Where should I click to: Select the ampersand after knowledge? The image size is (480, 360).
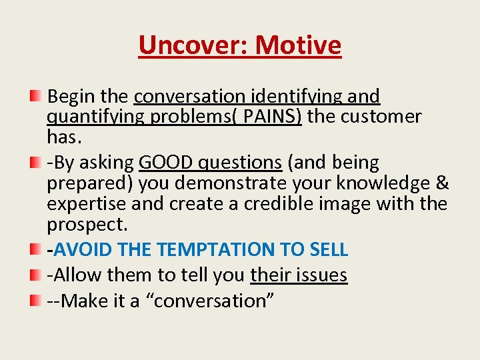(443, 183)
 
